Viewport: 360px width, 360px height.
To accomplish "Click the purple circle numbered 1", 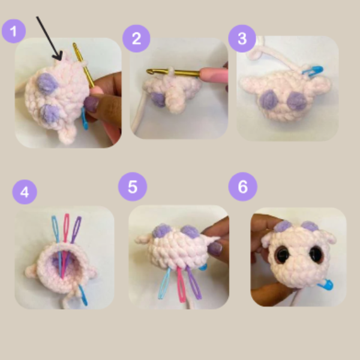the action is pos(14,31).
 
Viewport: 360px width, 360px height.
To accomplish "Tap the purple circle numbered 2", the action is pos(136,38).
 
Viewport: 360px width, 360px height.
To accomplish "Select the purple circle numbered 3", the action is pos(242,38).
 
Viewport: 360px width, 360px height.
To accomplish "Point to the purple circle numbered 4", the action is pos(25,192).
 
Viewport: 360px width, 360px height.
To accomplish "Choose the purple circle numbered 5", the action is pos(133,187).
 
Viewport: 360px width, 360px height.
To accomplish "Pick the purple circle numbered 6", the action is pos(242,187).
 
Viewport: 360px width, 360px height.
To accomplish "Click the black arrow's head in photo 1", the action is pos(58,56).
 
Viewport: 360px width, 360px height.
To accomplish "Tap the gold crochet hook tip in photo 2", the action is pos(149,71).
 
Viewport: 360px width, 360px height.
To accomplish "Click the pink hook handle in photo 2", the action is pos(214,73).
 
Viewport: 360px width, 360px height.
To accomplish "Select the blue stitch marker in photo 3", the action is pos(313,70).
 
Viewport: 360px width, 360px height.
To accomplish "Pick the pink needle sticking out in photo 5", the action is pos(181,284).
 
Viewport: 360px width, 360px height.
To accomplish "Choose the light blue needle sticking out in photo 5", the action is pos(164,284).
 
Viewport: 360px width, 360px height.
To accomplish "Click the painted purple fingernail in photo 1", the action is pos(92,104).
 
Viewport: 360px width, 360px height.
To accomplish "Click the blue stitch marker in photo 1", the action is pos(85,119).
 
